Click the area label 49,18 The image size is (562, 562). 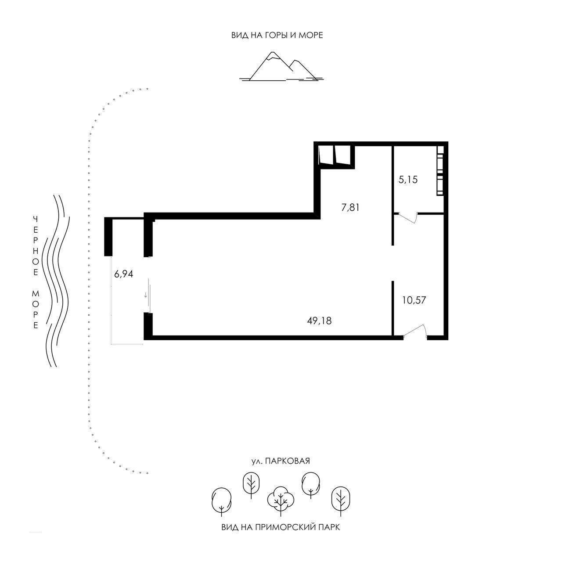319,321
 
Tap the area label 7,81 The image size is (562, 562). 350,208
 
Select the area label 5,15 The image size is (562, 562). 408,180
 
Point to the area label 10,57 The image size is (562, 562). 414,300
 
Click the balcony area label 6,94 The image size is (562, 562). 124,274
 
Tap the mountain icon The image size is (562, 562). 281,66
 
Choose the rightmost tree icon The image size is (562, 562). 341,501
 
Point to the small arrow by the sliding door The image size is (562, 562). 145,295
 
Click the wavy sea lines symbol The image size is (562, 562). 56,281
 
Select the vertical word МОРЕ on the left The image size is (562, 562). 36,310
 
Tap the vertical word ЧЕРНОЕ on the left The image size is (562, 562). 36,246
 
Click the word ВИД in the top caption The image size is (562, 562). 240,36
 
